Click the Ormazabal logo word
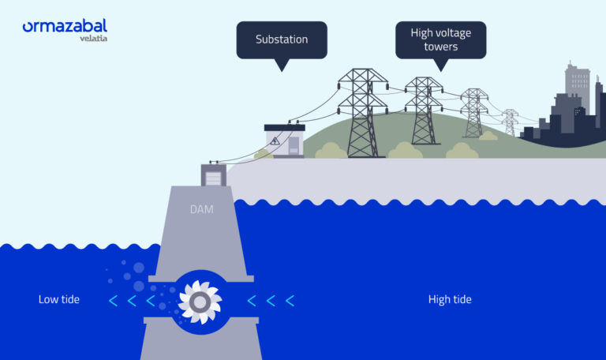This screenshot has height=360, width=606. [x=64, y=27]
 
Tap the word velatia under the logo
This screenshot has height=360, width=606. [x=94, y=38]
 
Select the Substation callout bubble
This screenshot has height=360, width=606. [x=281, y=39]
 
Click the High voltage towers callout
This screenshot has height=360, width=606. [x=440, y=39]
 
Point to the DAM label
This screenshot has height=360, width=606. [x=201, y=209]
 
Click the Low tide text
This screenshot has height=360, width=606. [x=59, y=300]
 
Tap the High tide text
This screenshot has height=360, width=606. [x=450, y=300]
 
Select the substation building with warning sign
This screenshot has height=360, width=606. [x=284, y=140]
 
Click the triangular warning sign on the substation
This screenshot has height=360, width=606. [x=275, y=141]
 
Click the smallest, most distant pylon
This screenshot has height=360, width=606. [x=510, y=122]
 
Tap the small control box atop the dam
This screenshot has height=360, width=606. [x=214, y=176]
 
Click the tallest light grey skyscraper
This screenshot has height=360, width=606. [x=576, y=79]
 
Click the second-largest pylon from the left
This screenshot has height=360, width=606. [x=424, y=111]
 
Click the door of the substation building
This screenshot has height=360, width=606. [x=294, y=145]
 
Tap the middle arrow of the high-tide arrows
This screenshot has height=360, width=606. [x=271, y=300]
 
